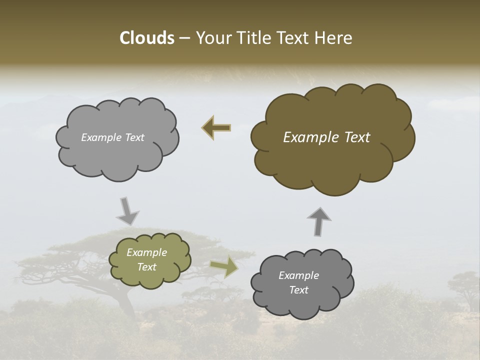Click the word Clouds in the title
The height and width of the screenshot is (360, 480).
tap(146, 38)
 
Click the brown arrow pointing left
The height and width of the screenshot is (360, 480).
tap(216, 127)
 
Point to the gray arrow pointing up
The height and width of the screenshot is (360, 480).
tap(318, 221)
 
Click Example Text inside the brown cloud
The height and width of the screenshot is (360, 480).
tap(326, 137)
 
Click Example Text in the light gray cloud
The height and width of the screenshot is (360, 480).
tap(112, 137)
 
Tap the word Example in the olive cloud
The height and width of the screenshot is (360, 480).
tap(146, 252)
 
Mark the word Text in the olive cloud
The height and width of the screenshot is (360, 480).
tap(146, 267)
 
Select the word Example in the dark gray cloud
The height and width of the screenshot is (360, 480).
tap(298, 275)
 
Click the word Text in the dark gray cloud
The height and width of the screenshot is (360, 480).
tap(298, 290)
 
